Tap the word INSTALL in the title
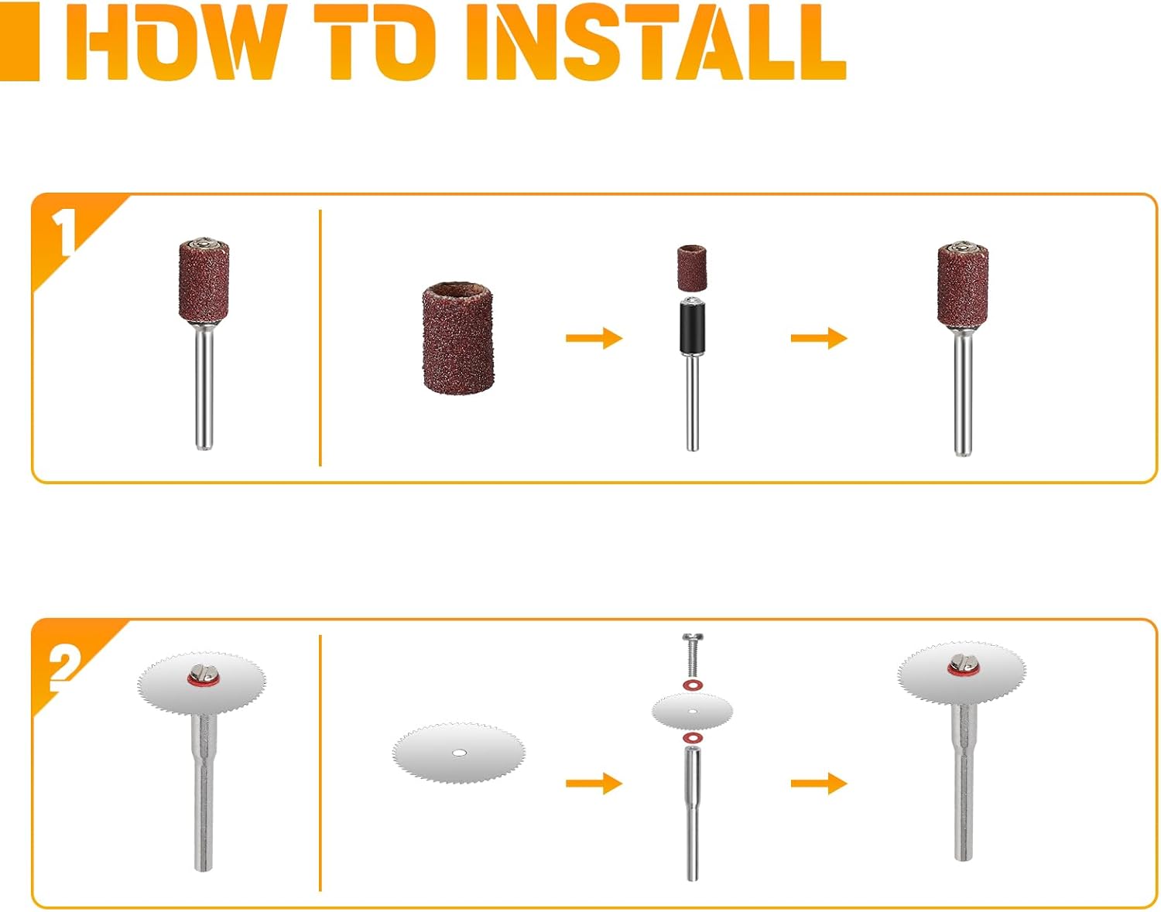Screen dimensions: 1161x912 click(x=656, y=42)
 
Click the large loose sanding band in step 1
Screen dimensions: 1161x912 click(x=458, y=337)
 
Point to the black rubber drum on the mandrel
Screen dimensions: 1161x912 click(x=693, y=326)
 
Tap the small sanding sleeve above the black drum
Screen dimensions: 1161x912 click(x=693, y=266)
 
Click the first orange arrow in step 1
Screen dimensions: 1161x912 click(x=594, y=338)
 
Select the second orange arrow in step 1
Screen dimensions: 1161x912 click(x=819, y=338)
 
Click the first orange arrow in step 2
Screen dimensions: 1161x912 click(x=594, y=784)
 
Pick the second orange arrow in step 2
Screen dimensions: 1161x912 click(x=819, y=784)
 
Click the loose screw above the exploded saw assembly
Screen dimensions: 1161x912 click(x=693, y=654)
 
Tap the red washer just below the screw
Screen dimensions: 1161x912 click(x=693, y=685)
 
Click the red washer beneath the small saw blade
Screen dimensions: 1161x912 click(x=693, y=738)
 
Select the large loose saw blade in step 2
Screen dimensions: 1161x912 click(x=459, y=753)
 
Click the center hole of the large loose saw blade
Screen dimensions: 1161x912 click(x=458, y=753)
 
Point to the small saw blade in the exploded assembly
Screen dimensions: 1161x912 click(x=693, y=710)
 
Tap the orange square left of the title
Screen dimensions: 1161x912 click(x=19, y=42)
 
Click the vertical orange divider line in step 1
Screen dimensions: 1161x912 click(x=320, y=337)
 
